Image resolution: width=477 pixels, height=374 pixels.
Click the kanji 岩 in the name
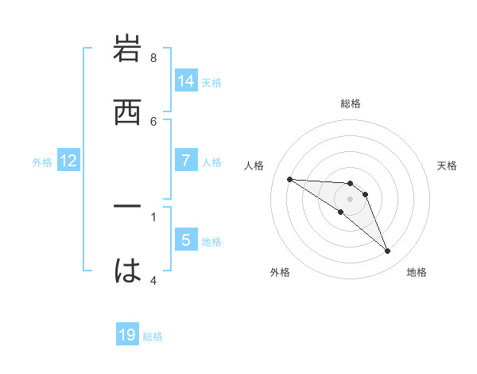pos(128,49)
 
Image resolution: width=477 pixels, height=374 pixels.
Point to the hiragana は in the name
pos(128,271)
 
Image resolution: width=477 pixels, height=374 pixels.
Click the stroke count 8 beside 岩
pos(153,58)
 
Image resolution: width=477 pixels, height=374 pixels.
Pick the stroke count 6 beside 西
pos(153,121)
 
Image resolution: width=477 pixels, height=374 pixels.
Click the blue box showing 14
pos(186,81)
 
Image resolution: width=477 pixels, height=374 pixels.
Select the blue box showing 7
pos(186,161)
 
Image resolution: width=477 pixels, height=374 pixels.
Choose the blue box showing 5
pos(186,240)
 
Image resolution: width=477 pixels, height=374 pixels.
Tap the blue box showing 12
pos(68,161)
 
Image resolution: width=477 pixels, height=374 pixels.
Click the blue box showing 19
pos(127,335)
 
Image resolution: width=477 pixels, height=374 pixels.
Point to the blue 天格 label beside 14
pos(211,83)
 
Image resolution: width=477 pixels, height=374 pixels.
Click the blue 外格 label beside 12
pos(42,162)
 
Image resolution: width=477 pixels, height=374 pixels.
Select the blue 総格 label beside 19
pos(153,337)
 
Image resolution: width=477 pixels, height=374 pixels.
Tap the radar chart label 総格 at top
pos(351,103)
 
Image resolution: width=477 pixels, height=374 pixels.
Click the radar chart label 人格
pos(254,166)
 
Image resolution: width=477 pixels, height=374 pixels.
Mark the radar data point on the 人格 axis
pos(289,179)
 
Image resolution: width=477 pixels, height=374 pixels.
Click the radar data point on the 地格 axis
pos(387,251)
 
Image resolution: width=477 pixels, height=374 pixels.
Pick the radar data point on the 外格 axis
pos(340,212)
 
